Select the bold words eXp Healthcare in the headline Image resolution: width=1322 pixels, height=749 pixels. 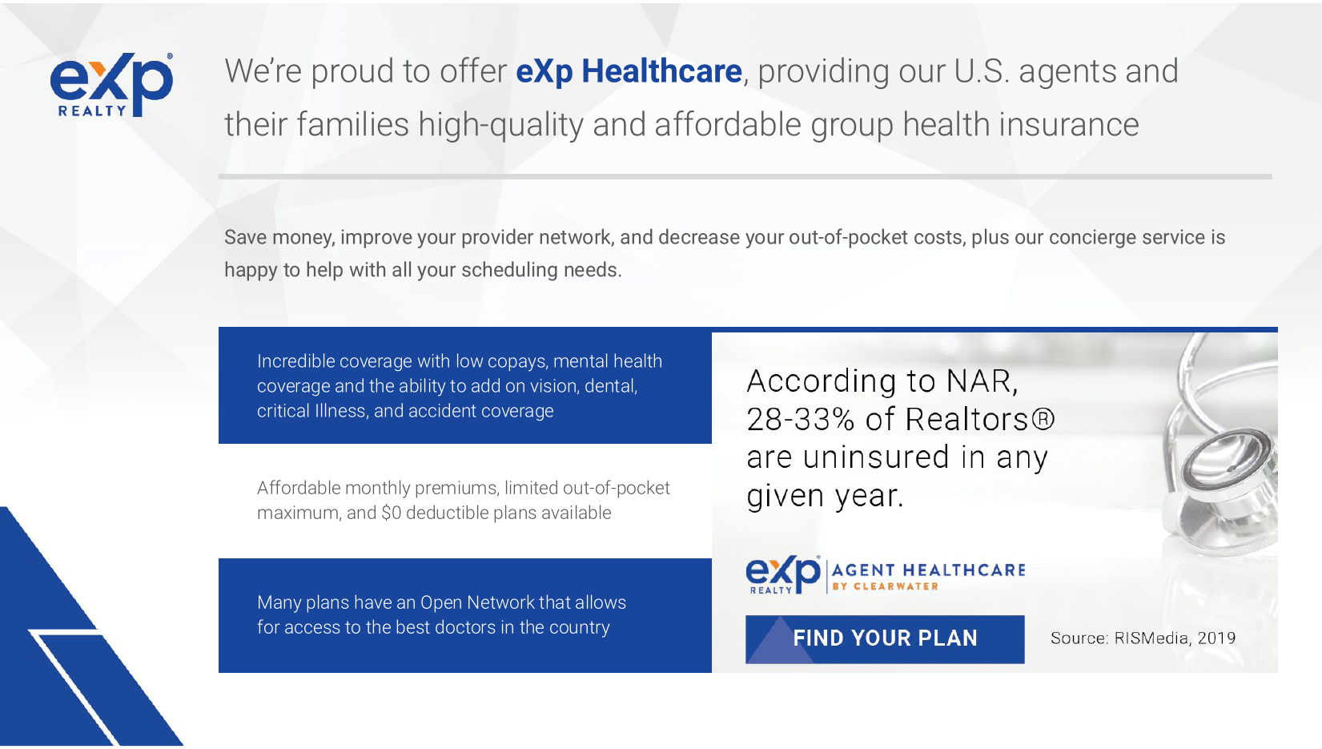click(x=629, y=71)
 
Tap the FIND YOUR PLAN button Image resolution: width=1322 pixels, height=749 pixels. click(x=885, y=639)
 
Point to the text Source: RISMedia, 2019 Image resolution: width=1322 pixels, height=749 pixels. click(x=1143, y=638)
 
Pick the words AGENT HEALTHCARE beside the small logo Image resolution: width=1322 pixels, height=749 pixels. click(x=928, y=570)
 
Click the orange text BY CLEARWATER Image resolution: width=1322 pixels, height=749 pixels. click(x=885, y=586)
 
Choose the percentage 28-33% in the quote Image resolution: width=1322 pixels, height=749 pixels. click(x=801, y=419)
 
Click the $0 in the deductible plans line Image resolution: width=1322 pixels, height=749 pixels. click(x=392, y=513)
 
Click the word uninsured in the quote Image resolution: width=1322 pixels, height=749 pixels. click(x=876, y=457)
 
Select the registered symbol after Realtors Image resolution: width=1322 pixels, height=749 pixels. click(x=1043, y=419)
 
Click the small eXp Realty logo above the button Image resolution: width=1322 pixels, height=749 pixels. click(x=783, y=574)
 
